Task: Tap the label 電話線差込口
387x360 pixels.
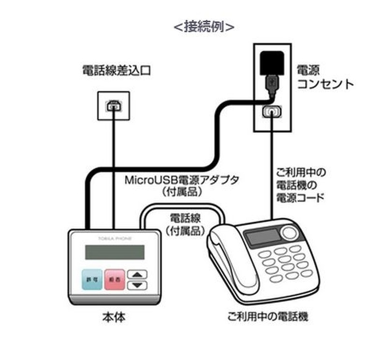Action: (x=116, y=71)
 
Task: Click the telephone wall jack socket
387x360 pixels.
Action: (x=114, y=105)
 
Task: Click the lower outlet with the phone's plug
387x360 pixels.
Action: (x=271, y=112)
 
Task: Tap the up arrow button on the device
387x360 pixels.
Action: (x=139, y=274)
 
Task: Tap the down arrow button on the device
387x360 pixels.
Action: (x=139, y=285)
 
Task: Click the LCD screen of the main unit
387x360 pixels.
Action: (x=114, y=252)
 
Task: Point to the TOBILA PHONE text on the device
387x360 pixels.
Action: (x=114, y=238)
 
